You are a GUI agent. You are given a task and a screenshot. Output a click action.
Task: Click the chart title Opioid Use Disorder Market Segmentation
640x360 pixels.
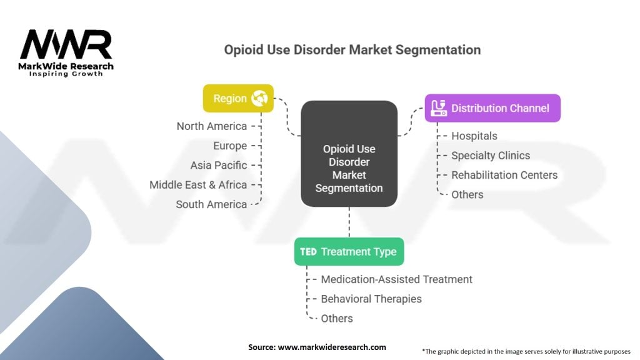(x=352, y=49)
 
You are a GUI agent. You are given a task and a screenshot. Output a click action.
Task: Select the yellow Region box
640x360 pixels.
(x=238, y=98)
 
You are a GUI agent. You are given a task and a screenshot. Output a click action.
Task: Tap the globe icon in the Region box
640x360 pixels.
(x=259, y=98)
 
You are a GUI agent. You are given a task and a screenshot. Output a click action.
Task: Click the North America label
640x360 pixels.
(x=211, y=126)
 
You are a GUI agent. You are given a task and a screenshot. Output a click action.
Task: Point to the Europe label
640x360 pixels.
(x=230, y=146)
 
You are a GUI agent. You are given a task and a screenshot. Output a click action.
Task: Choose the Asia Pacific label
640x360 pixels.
(x=219, y=165)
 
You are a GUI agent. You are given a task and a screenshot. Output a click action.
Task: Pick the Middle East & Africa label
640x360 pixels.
(x=198, y=184)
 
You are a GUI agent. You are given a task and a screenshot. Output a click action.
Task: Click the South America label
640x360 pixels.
(x=211, y=204)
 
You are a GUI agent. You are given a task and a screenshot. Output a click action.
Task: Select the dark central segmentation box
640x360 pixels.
(x=349, y=154)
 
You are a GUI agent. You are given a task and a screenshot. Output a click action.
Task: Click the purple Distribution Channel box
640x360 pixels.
(x=492, y=108)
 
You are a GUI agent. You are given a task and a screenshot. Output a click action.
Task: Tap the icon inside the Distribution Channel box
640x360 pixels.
(x=439, y=107)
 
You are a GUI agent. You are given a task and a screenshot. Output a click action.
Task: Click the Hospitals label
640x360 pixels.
(x=474, y=136)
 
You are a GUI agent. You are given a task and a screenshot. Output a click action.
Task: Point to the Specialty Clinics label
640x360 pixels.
(x=491, y=156)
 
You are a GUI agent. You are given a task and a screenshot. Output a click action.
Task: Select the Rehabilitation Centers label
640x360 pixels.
(x=504, y=175)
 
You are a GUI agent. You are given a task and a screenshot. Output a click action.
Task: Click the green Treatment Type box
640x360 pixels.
(x=349, y=252)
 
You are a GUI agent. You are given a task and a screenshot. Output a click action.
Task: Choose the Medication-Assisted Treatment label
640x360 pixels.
(x=396, y=279)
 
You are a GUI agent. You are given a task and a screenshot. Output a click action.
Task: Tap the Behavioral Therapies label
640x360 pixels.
(x=371, y=299)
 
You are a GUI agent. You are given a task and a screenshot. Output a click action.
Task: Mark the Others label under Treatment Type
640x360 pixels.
(x=337, y=318)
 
